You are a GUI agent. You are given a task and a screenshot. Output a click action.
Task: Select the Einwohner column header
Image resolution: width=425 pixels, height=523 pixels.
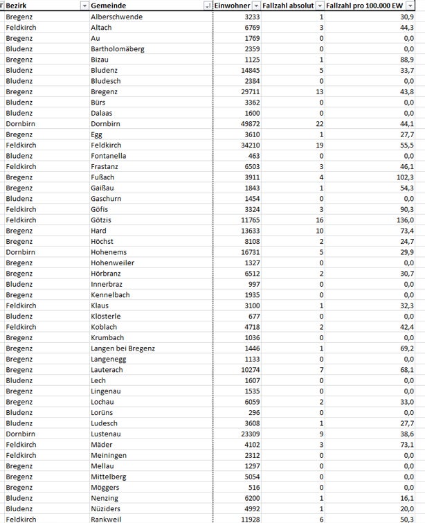[x=232, y=6]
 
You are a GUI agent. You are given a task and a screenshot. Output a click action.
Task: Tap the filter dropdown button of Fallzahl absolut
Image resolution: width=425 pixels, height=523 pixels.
[x=320, y=6]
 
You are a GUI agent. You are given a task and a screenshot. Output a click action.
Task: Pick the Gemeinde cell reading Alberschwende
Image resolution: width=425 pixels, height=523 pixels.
[x=116, y=17]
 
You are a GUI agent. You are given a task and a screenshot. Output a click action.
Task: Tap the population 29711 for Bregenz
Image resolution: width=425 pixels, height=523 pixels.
[x=246, y=92]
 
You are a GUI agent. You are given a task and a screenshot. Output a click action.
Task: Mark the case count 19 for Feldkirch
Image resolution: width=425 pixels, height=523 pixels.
[x=318, y=145]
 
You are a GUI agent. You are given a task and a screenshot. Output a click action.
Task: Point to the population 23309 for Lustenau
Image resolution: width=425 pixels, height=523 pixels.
[x=246, y=434]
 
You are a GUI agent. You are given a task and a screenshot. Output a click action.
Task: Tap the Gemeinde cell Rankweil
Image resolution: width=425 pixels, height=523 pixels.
[x=107, y=520]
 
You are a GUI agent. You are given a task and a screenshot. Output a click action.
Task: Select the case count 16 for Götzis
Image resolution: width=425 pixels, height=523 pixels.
[x=318, y=220]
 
